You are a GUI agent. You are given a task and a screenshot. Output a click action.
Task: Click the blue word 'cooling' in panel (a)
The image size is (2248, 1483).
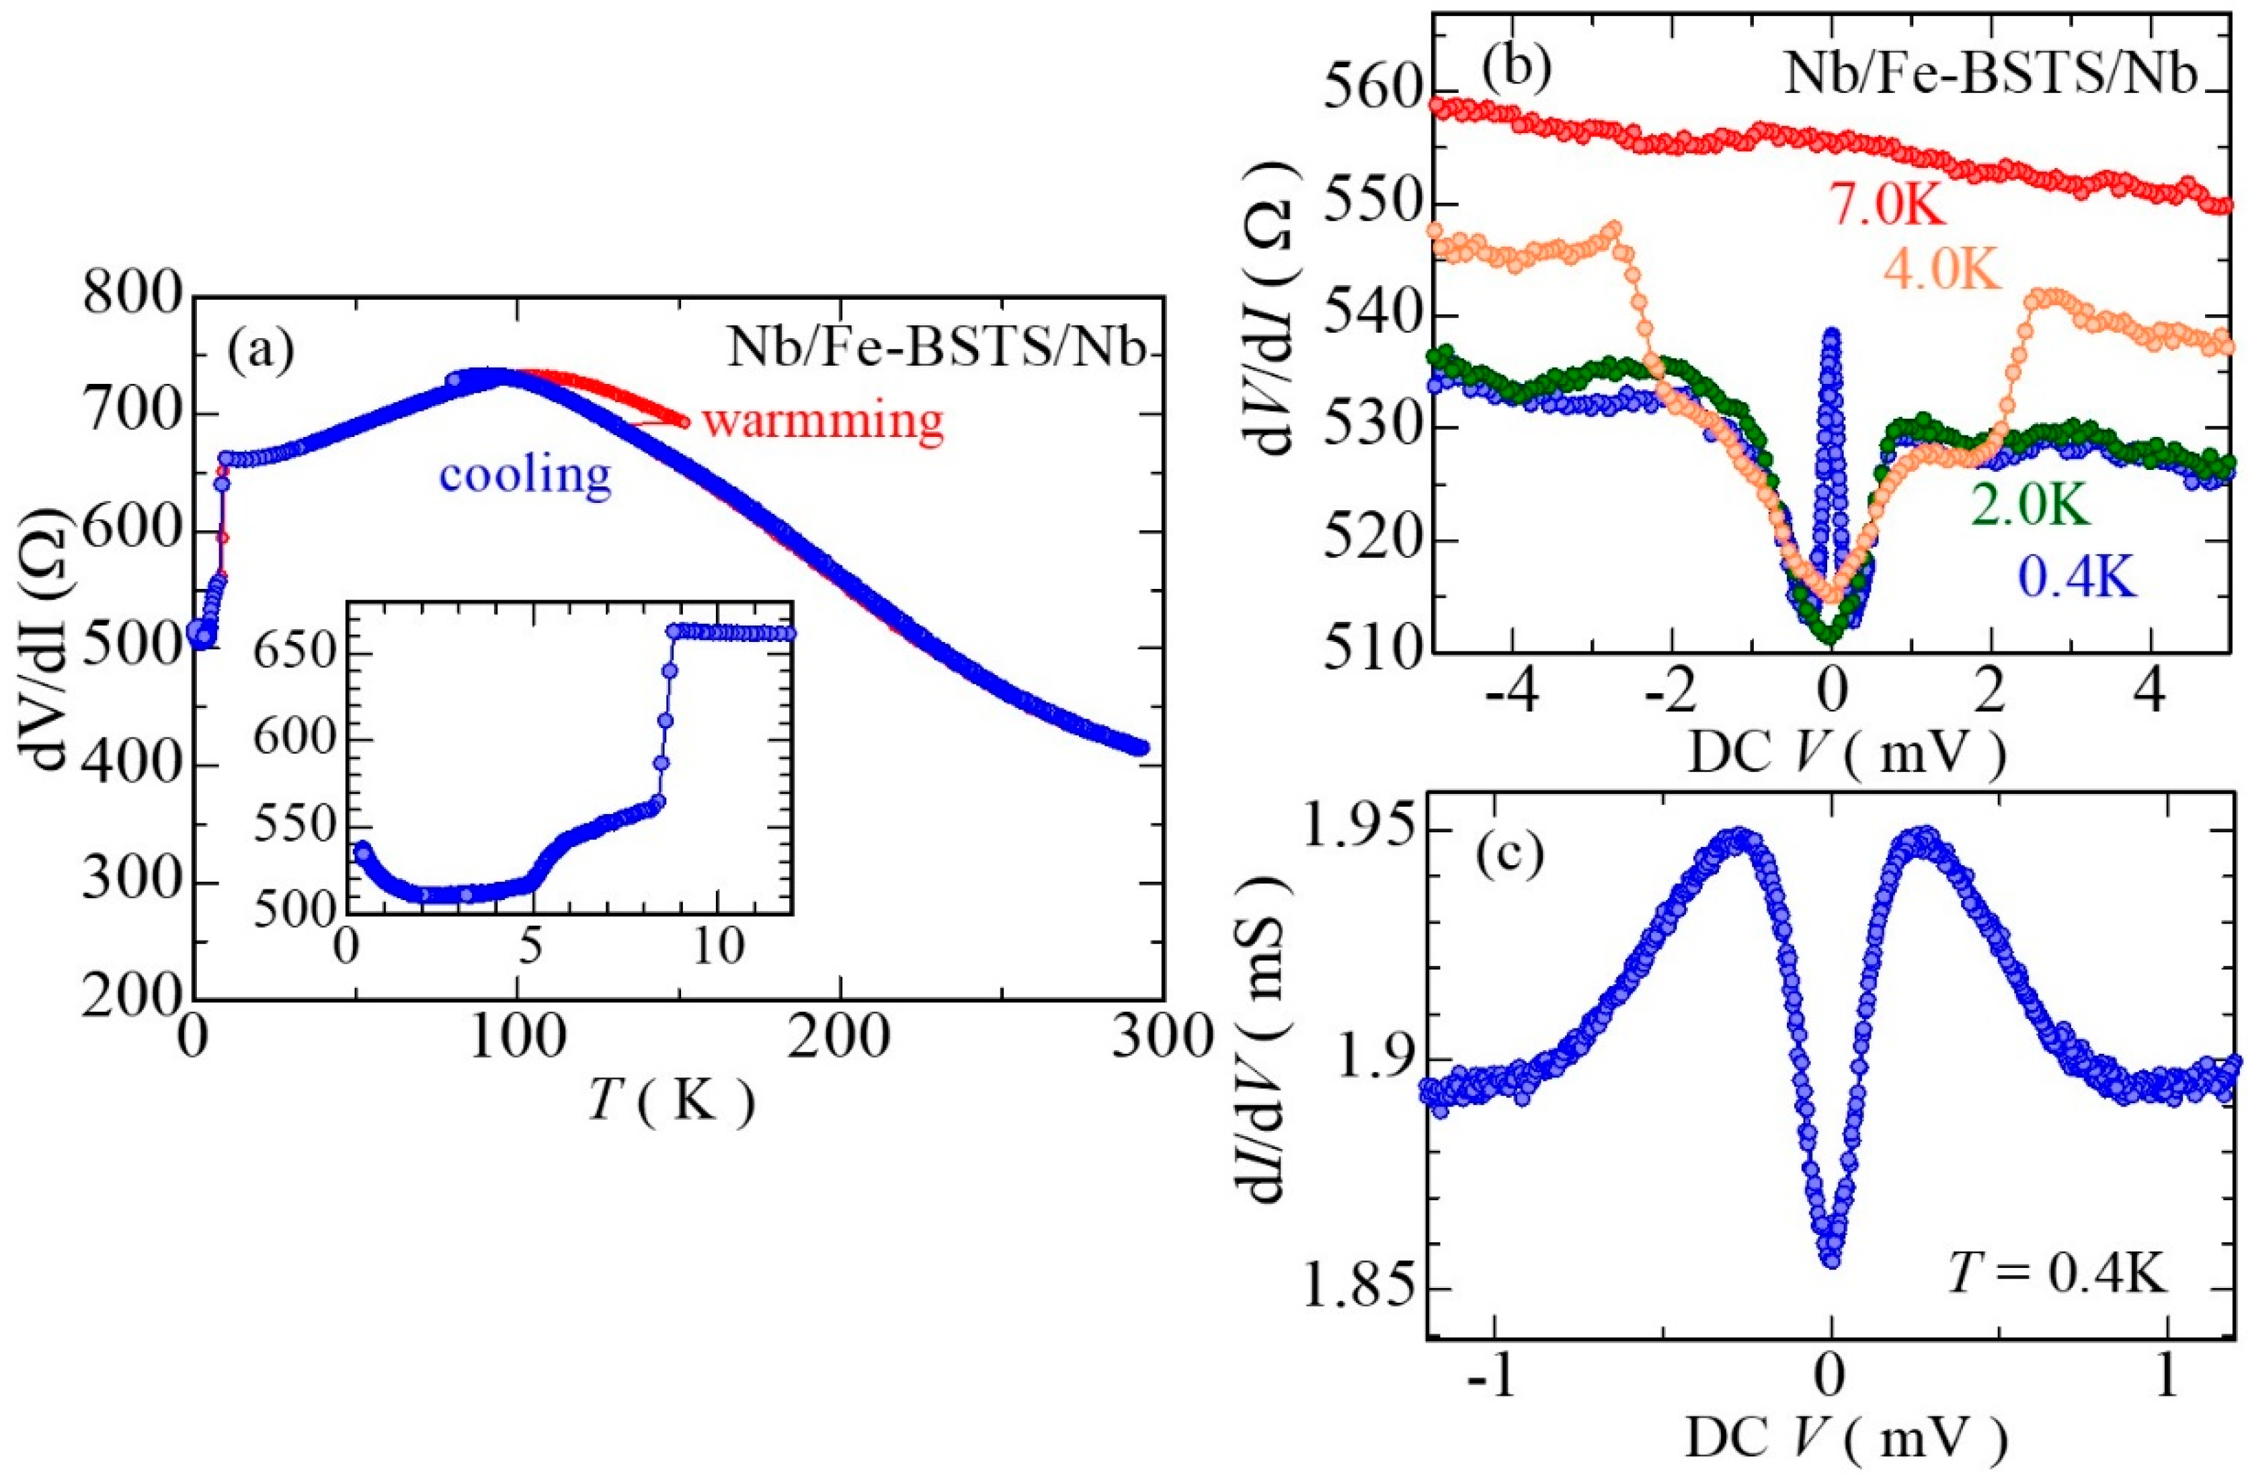coord(526,475)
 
